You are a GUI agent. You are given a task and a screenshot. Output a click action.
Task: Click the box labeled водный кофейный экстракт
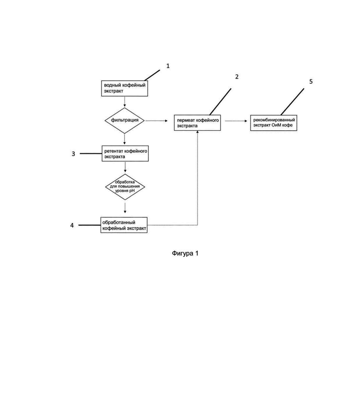click(125, 88)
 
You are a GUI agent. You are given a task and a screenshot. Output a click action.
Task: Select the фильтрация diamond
click(125, 121)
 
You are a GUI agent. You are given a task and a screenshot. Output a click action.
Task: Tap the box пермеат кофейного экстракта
click(197, 122)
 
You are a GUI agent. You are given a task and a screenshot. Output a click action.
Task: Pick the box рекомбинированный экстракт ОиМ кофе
click(273, 122)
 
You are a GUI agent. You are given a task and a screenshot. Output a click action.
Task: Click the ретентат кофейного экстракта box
click(125, 153)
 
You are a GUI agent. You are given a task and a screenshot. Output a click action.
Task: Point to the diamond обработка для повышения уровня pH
click(125, 187)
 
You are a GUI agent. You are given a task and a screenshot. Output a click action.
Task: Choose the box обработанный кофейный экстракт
click(124, 225)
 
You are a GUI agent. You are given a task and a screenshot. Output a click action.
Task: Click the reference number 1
click(168, 66)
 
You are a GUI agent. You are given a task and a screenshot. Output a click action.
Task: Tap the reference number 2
click(237, 77)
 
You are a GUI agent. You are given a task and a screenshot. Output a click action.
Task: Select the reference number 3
click(73, 154)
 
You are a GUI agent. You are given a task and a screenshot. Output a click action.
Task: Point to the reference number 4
click(72, 225)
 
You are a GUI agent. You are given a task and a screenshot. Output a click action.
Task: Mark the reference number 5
click(311, 82)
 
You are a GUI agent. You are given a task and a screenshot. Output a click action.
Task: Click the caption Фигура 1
click(185, 253)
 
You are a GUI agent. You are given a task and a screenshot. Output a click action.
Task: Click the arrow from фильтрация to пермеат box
click(156, 121)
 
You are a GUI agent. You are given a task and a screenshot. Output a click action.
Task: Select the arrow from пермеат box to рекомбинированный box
click(236, 121)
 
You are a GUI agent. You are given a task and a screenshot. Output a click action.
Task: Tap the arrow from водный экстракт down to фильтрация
click(125, 102)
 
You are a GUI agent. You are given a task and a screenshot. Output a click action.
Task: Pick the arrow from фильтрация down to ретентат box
click(125, 139)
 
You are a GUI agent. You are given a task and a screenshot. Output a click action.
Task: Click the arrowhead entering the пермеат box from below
click(198, 132)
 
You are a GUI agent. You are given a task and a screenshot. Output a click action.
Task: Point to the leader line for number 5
click(292, 102)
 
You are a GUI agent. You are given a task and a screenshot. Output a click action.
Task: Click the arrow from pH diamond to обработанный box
click(125, 208)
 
